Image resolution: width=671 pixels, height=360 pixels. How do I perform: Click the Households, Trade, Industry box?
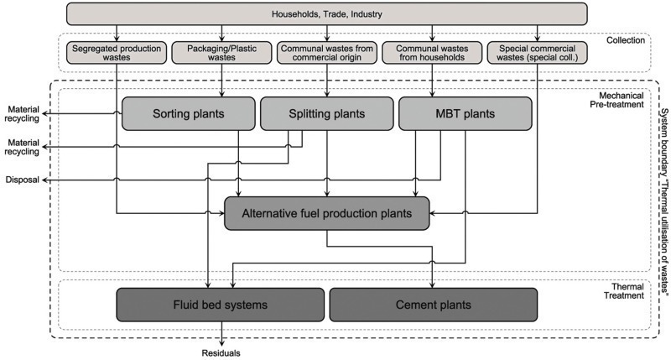click(326, 14)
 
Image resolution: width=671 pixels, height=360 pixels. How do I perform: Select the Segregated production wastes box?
click(117, 54)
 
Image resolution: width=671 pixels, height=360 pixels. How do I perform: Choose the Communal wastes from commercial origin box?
click(326, 54)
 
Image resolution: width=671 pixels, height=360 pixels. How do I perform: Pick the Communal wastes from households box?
click(431, 54)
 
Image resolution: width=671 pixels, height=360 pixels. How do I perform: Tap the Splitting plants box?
click(315, 112)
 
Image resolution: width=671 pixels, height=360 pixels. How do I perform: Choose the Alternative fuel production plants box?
click(327, 213)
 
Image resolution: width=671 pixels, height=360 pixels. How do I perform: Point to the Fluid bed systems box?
click(221, 304)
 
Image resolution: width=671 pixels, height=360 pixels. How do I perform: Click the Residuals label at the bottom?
click(221, 353)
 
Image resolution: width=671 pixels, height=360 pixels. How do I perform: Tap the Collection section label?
click(625, 39)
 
